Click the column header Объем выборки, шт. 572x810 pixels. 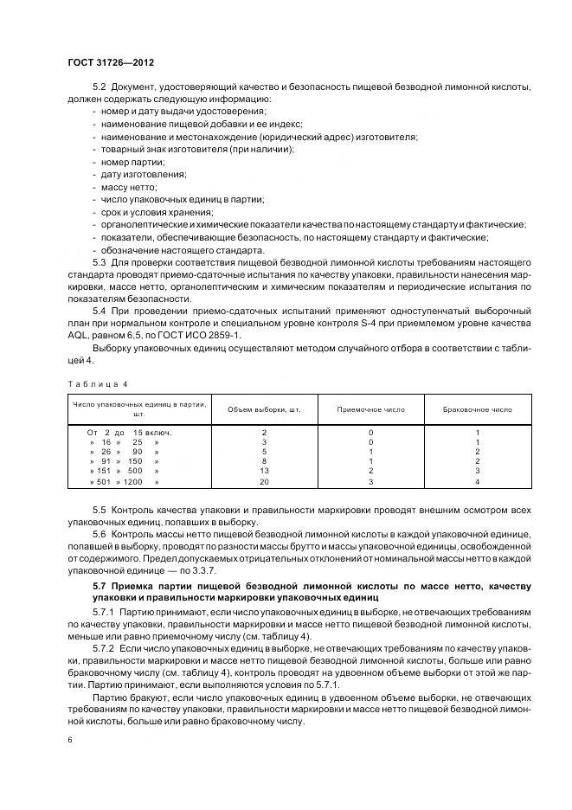[263, 408]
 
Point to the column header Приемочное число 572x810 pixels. [370, 408]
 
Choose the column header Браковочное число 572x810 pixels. [477, 408]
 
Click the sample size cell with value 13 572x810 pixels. [264, 470]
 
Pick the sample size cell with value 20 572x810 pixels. [264, 481]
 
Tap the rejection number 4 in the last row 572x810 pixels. [477, 481]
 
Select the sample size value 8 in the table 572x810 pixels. [264, 460]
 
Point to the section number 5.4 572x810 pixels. [100, 309]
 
